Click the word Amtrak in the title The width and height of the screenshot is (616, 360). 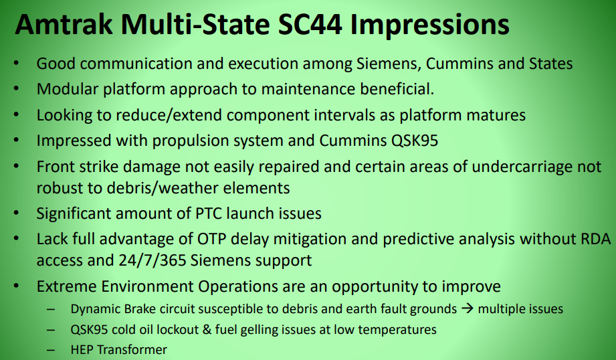(64, 24)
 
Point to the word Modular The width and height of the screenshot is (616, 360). (68, 89)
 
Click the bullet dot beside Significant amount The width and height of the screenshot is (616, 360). (16, 213)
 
